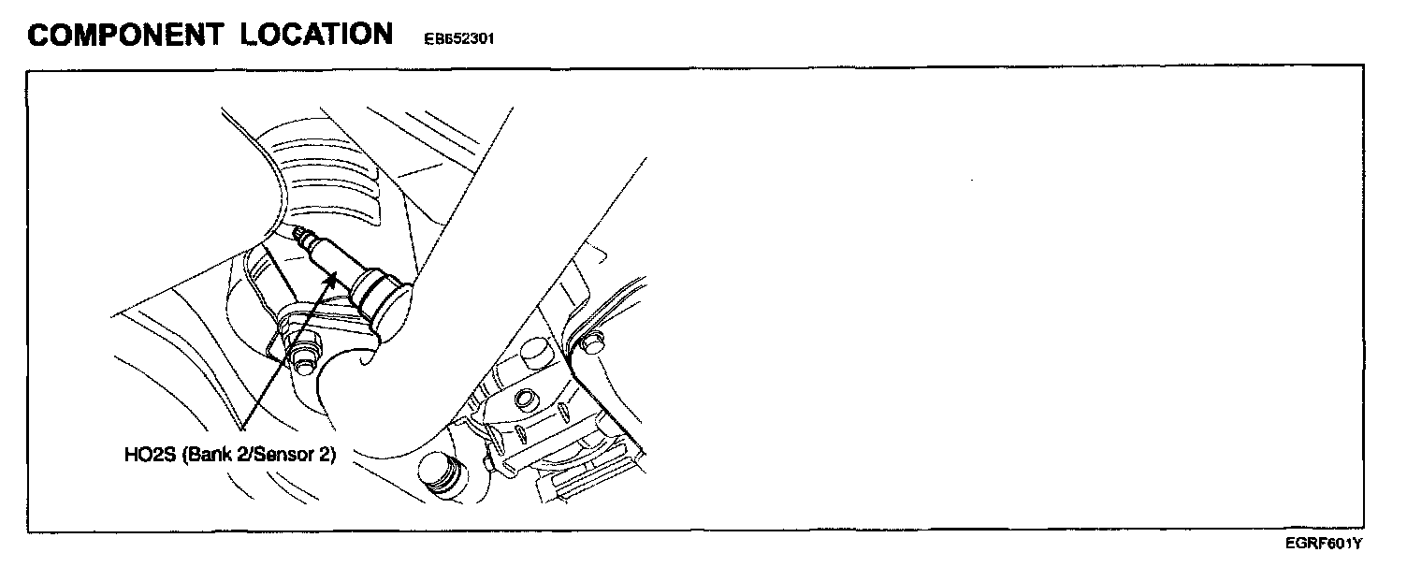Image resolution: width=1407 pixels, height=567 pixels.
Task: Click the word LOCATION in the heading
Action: tap(316, 35)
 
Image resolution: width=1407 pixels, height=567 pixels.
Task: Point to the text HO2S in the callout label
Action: tap(144, 456)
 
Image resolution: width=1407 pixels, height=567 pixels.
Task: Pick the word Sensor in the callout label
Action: tap(276, 456)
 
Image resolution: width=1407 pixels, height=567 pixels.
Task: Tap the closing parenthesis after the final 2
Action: tap(332, 456)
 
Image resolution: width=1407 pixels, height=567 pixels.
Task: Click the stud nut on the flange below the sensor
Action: tap(301, 357)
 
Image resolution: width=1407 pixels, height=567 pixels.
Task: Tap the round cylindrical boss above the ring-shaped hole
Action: tap(533, 354)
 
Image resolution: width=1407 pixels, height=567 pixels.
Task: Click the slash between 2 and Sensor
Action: tap(245, 456)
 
